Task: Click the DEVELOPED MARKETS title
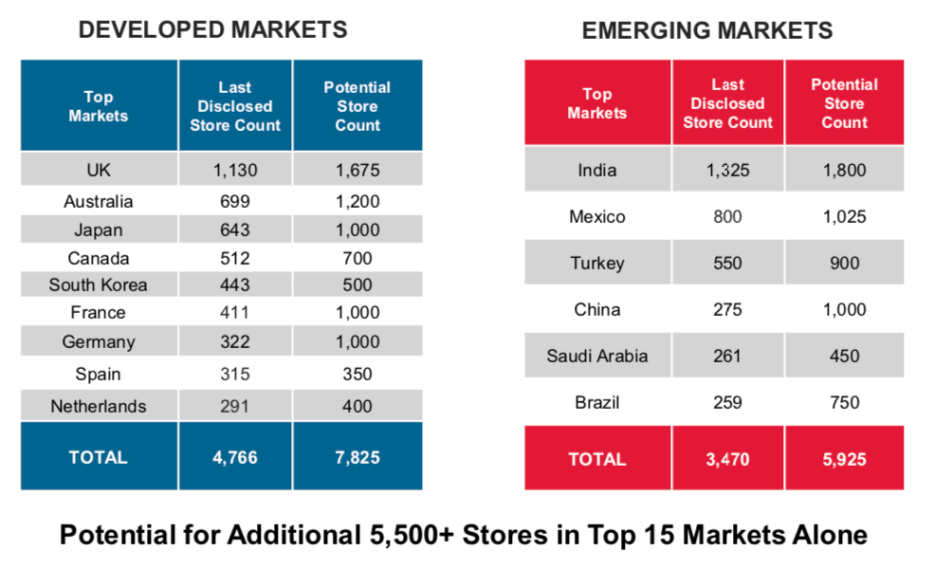pyautogui.click(x=212, y=30)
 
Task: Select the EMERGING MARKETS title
pyautogui.click(x=706, y=31)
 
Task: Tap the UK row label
pyautogui.click(x=99, y=171)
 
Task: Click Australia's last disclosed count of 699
pyautogui.click(x=235, y=201)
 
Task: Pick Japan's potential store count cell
pyautogui.click(x=357, y=229)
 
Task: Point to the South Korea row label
pyautogui.click(x=99, y=284)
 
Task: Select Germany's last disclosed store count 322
pyautogui.click(x=235, y=341)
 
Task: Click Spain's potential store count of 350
pyautogui.click(x=357, y=375)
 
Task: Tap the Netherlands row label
pyautogui.click(x=99, y=406)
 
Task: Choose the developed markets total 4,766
pyautogui.click(x=235, y=457)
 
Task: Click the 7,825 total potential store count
pyautogui.click(x=357, y=457)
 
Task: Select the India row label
pyautogui.click(x=597, y=171)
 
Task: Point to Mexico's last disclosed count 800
pyautogui.click(x=727, y=217)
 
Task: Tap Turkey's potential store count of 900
pyautogui.click(x=844, y=263)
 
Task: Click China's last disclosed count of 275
pyautogui.click(x=727, y=309)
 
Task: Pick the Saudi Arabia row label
pyautogui.click(x=597, y=356)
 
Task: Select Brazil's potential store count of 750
pyautogui.click(x=844, y=402)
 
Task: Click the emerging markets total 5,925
pyautogui.click(x=844, y=459)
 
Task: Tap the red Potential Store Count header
pyautogui.click(x=844, y=103)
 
